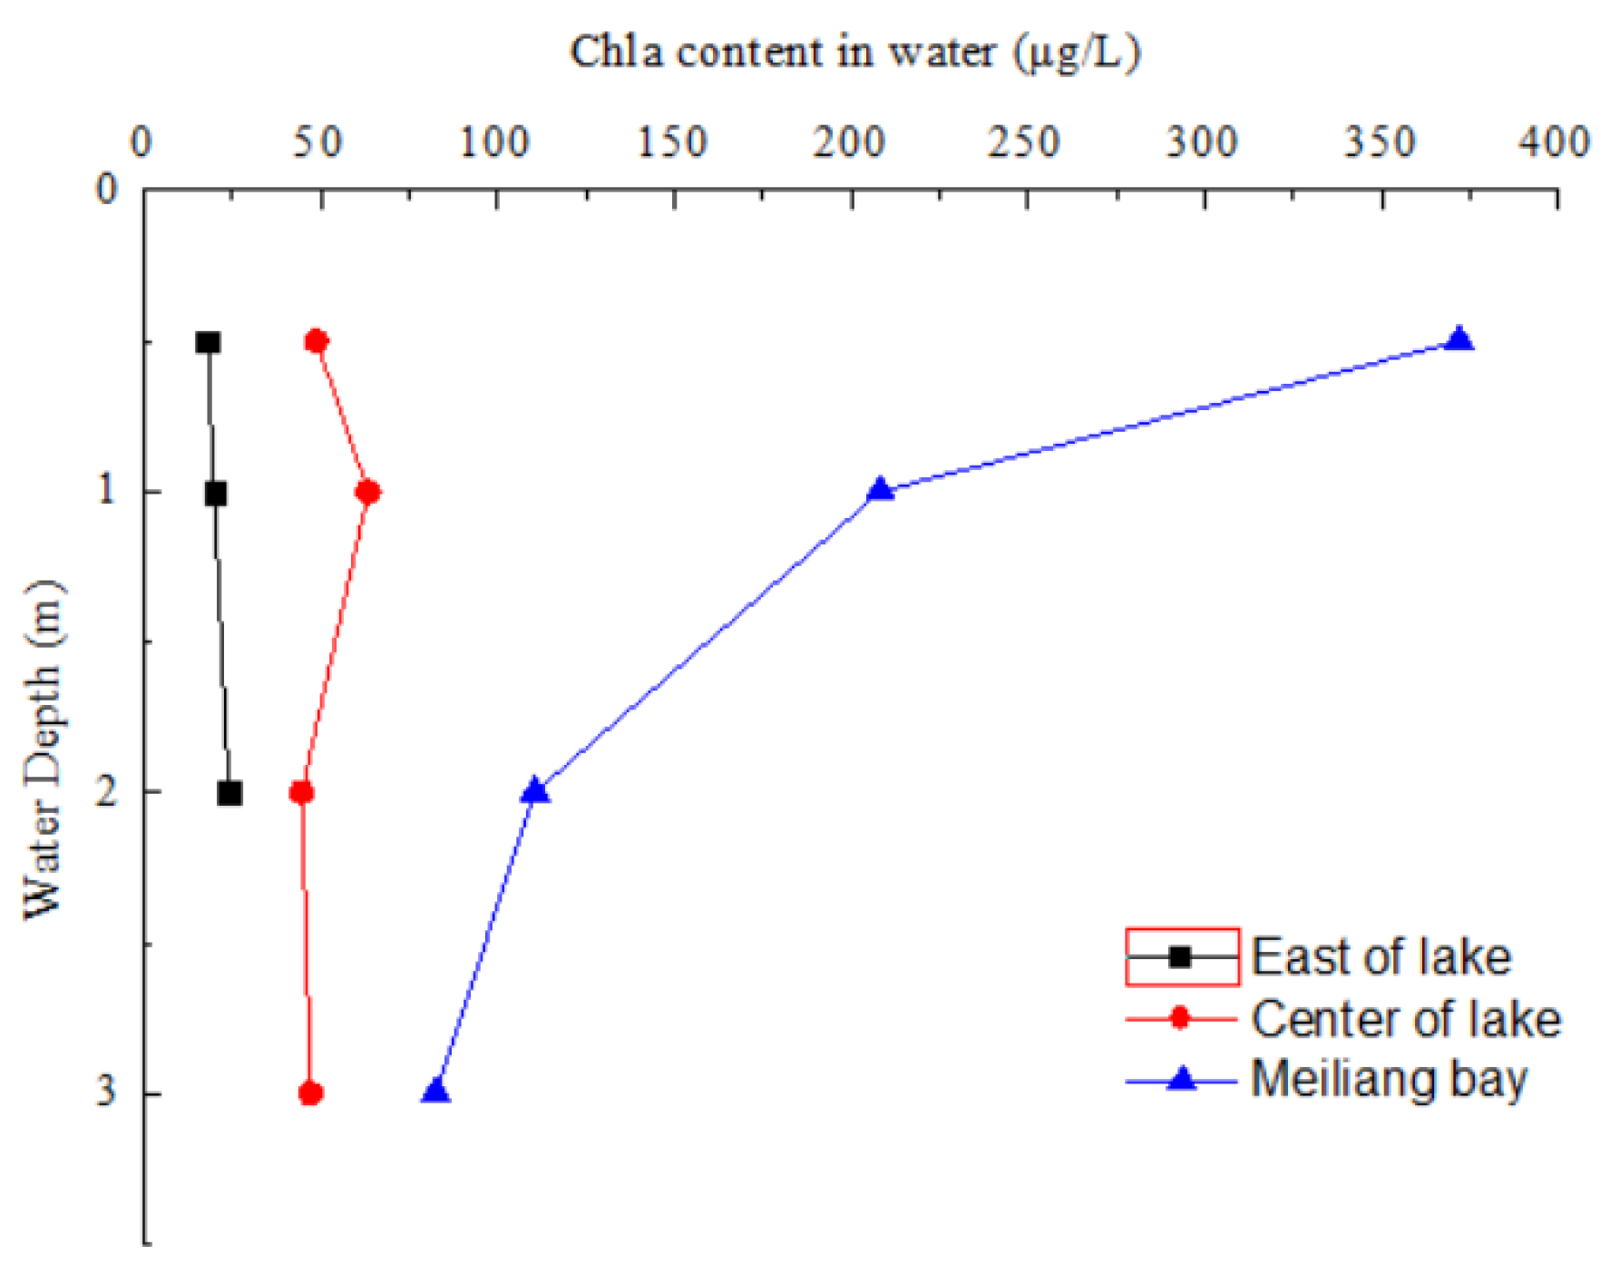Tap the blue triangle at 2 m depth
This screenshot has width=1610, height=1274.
[535, 791]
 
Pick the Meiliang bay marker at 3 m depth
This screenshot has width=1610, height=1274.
[436, 1093]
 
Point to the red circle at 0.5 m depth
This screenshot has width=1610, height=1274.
[317, 341]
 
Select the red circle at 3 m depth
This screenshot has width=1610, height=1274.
[311, 1093]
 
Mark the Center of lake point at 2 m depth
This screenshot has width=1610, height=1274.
[302, 793]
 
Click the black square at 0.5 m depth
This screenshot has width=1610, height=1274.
[209, 342]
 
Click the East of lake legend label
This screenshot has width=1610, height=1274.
[1381, 957]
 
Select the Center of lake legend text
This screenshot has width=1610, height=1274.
[1406, 1019]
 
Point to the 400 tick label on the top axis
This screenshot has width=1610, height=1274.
[1555, 142]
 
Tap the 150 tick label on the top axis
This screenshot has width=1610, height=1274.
[671, 142]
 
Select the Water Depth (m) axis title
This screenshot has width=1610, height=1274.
[44, 749]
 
